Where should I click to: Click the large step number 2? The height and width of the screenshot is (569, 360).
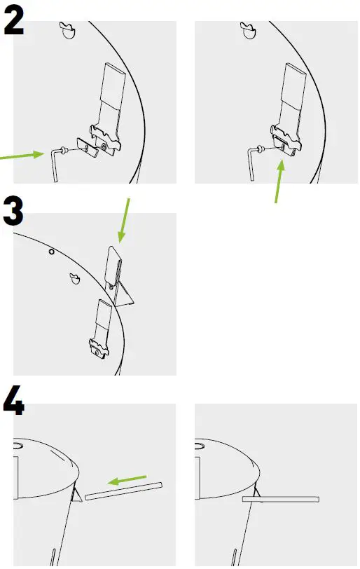(x=14, y=22)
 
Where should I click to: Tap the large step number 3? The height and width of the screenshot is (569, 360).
(x=14, y=211)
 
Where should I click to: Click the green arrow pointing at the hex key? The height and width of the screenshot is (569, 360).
(x=22, y=156)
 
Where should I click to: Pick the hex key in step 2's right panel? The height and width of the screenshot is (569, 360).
(x=253, y=163)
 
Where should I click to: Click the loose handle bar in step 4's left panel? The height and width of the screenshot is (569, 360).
(x=123, y=491)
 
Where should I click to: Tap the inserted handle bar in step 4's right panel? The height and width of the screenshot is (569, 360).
(x=280, y=499)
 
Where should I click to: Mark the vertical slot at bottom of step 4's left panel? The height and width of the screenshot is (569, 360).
(x=53, y=557)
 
